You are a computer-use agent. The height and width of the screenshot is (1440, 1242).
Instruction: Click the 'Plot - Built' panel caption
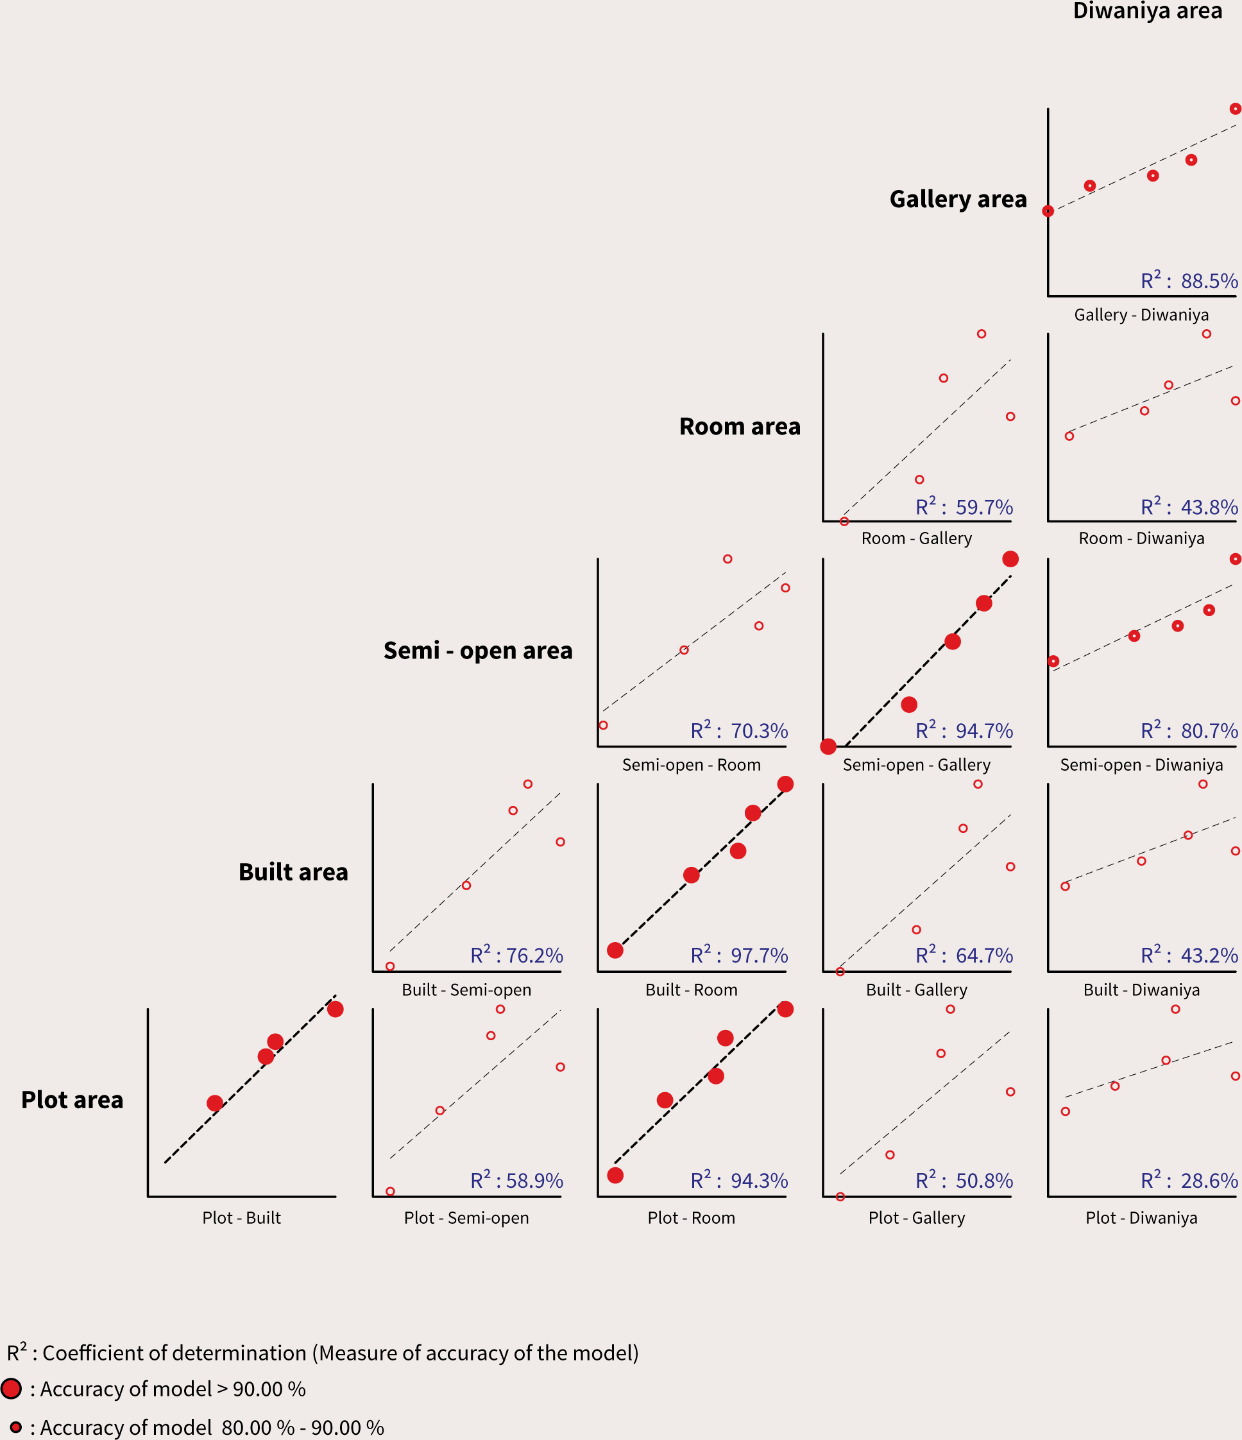[242, 1217]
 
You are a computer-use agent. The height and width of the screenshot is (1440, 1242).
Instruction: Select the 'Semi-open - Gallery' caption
[916, 764]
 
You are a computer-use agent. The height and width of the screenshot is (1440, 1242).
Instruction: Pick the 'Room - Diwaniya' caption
[1141, 538]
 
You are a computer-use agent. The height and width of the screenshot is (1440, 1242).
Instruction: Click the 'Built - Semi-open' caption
[466, 990]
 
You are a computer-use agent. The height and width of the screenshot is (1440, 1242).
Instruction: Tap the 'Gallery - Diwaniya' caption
[1141, 315]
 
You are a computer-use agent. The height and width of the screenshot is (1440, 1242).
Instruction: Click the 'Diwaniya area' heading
[1147, 11]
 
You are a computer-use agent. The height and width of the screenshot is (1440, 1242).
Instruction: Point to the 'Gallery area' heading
[958, 200]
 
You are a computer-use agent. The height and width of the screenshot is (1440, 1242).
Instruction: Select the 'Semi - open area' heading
[478, 651]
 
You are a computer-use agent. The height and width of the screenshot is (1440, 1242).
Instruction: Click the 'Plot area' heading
[72, 1100]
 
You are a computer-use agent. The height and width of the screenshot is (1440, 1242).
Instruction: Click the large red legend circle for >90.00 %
[11, 1389]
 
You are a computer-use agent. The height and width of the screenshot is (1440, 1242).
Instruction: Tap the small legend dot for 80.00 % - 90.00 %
[15, 1427]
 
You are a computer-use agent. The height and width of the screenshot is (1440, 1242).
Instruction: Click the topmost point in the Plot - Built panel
[335, 1009]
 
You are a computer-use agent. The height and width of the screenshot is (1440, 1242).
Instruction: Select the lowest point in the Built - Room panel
[615, 950]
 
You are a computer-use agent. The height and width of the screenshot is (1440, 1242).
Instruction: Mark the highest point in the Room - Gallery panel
[981, 334]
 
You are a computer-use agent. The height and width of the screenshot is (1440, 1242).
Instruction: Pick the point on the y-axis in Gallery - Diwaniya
[1048, 211]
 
